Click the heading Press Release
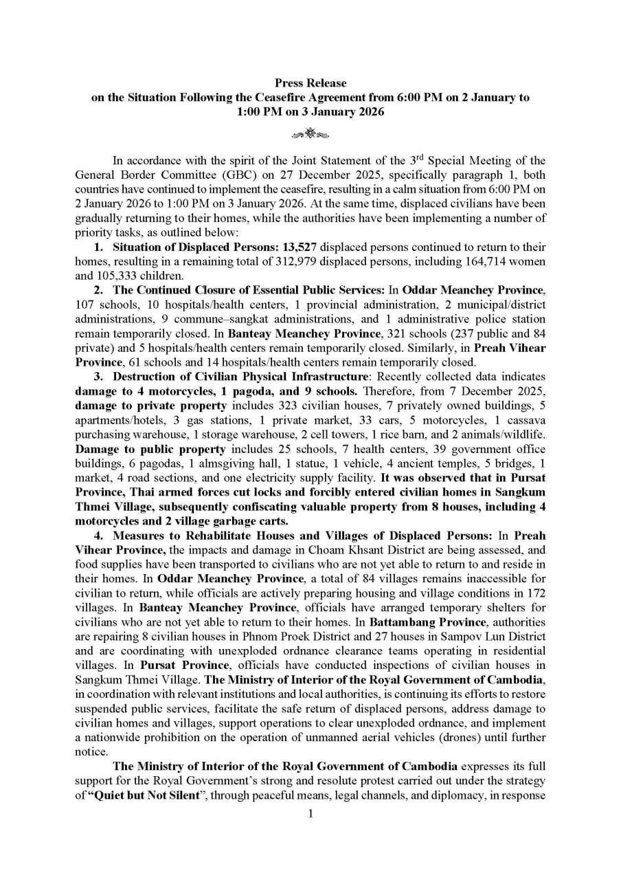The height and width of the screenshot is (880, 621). pyautogui.click(x=310, y=83)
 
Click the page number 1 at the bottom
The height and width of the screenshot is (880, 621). pyautogui.click(x=310, y=814)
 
